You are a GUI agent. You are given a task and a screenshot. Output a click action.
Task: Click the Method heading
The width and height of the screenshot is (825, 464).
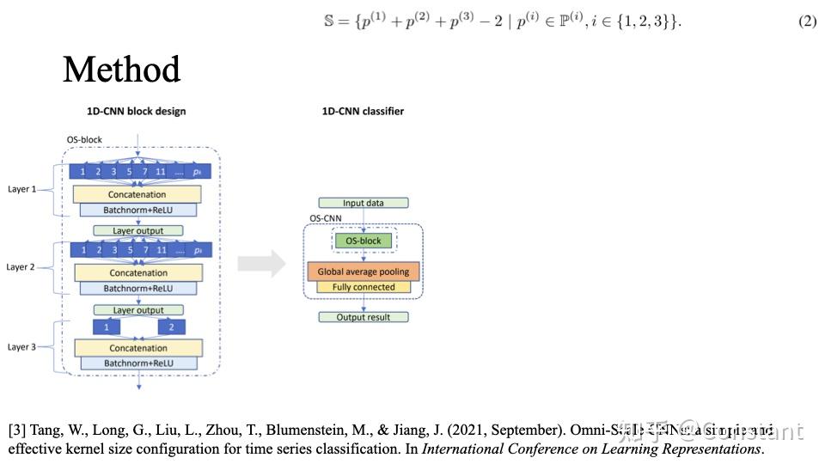click(121, 70)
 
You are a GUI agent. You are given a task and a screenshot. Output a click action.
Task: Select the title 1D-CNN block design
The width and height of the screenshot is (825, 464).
click(136, 111)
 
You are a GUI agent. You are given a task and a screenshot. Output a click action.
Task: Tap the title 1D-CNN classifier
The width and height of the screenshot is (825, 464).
click(362, 111)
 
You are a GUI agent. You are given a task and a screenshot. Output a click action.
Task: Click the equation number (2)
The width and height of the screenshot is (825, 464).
click(807, 21)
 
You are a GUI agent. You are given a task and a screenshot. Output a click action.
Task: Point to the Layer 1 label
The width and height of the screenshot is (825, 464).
click(21, 188)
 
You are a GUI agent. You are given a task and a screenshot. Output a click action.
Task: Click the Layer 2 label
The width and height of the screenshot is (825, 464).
click(21, 267)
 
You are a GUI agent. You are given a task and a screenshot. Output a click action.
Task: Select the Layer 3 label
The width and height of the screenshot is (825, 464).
click(21, 347)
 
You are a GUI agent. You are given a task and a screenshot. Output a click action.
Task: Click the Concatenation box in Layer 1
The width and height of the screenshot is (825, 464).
click(137, 195)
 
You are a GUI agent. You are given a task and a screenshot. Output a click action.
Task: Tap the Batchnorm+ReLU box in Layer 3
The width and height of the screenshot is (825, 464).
click(137, 363)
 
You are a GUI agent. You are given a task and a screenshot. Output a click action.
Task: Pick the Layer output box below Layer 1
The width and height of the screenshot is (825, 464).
click(138, 230)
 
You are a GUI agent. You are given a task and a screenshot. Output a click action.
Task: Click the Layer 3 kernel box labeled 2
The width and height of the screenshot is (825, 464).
click(172, 327)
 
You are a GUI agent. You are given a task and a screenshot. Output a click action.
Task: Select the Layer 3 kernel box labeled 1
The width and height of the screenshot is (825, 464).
click(107, 327)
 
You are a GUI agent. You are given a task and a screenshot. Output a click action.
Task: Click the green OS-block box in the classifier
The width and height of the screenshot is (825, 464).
click(363, 241)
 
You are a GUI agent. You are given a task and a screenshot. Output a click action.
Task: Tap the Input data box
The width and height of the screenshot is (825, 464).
click(364, 203)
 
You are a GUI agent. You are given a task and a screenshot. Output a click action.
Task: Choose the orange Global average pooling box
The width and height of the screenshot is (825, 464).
click(363, 272)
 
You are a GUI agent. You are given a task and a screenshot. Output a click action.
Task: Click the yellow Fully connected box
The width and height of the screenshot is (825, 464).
click(363, 287)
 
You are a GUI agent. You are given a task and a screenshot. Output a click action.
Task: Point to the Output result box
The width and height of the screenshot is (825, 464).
click(363, 317)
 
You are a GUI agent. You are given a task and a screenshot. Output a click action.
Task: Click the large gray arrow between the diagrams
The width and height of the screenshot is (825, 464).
click(261, 264)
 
